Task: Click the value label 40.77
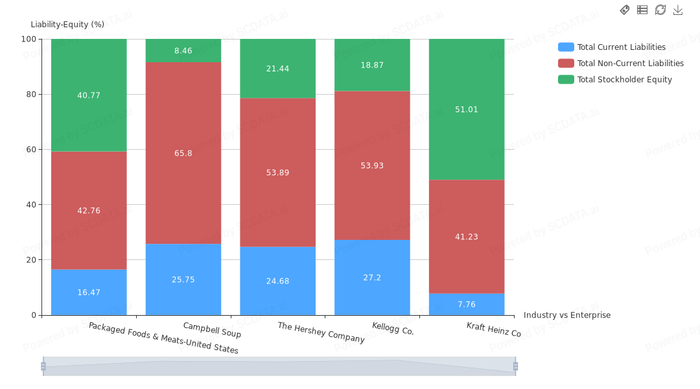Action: pos(89,95)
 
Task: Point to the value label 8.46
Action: pos(183,51)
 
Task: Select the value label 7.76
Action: pos(467,305)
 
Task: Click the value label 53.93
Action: pos(372,166)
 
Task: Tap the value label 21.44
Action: pos(277,69)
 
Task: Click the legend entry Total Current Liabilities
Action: pos(621,47)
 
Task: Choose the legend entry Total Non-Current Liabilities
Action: pos(630,64)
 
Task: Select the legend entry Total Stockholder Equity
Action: pos(624,80)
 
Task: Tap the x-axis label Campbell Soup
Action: pos(212,330)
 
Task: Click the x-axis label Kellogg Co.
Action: pos(393,329)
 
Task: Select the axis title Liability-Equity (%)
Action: pos(67,25)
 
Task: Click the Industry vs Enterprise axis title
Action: pos(567,315)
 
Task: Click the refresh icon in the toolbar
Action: pos(660,10)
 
